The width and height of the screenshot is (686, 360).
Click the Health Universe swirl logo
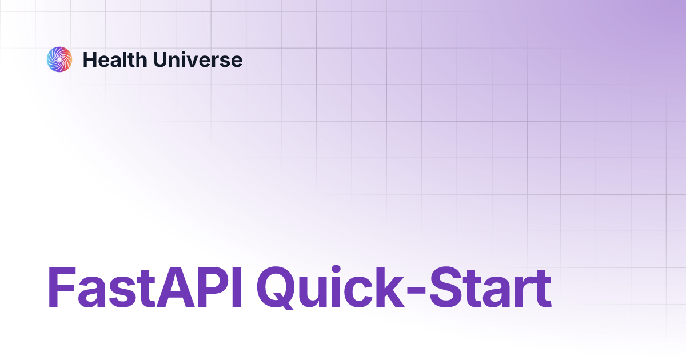(59, 59)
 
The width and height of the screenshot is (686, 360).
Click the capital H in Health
(90, 60)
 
